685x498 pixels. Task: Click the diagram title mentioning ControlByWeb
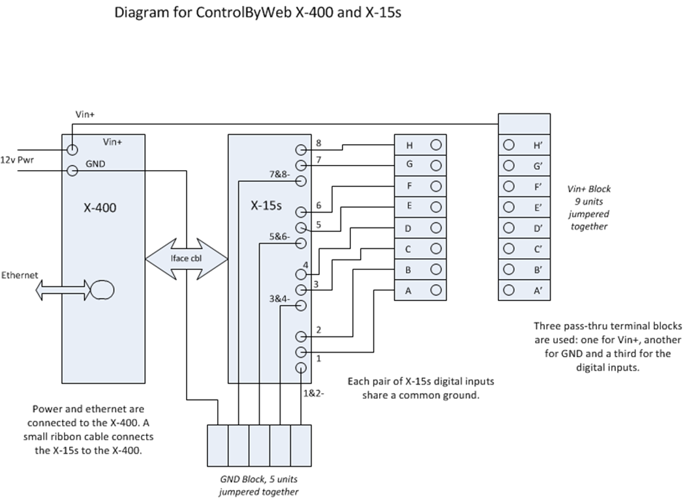point(257,12)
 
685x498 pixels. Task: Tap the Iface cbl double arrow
point(187,259)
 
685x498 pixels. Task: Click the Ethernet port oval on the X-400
point(102,288)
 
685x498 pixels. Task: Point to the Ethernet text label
point(20,275)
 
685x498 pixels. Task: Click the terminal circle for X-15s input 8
point(301,149)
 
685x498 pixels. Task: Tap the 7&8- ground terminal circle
point(301,181)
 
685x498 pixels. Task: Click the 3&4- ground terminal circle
point(301,305)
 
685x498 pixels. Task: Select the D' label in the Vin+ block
point(538,229)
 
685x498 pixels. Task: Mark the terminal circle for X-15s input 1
point(301,353)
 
